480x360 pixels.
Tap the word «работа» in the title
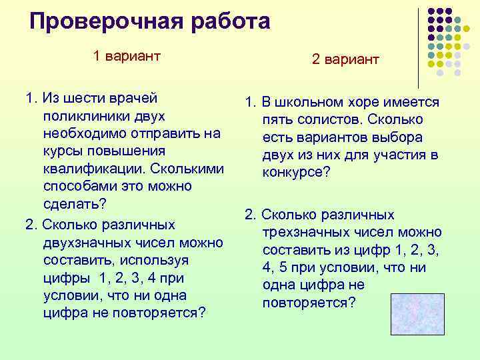[x=229, y=21]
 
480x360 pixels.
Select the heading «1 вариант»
[x=127, y=55]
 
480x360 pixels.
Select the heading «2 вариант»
[x=345, y=59]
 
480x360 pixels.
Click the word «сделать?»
[x=75, y=203]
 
